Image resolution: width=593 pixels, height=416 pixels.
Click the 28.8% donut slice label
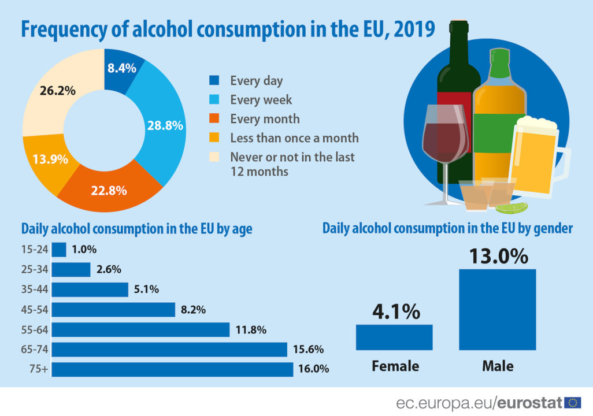click(165, 125)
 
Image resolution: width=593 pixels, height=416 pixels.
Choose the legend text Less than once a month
click(294, 138)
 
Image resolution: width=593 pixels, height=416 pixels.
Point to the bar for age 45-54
click(113, 310)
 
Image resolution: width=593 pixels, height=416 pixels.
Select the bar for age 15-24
click(59, 250)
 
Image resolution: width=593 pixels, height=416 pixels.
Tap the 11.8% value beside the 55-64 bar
click(251, 330)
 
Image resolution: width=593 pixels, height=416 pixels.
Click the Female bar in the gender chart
click(394, 337)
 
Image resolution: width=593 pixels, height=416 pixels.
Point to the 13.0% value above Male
click(498, 256)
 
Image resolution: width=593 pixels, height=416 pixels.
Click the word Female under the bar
click(395, 366)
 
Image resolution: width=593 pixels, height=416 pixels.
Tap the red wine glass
click(446, 136)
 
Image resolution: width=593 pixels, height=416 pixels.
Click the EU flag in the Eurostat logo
click(573, 403)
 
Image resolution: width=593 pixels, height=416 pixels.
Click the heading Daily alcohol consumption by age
click(136, 229)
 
